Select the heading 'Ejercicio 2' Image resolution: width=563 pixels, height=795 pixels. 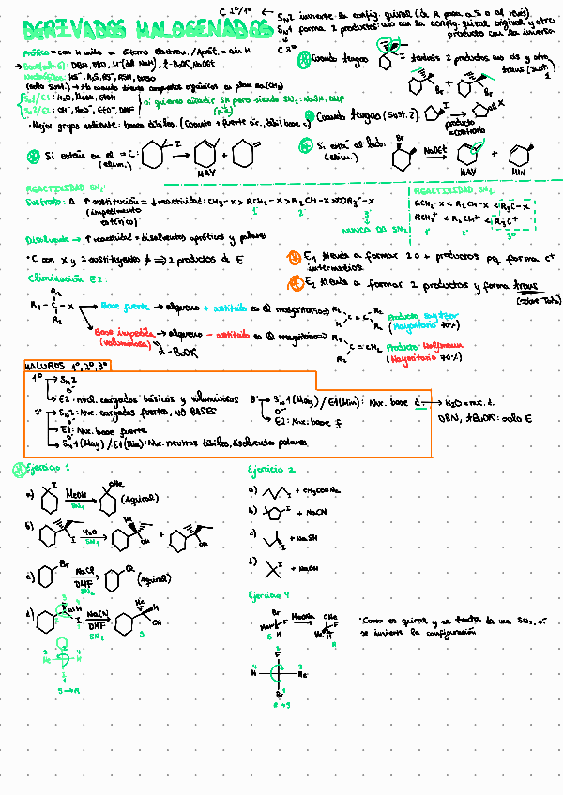click(x=272, y=469)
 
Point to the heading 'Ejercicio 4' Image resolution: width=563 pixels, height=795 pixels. click(x=270, y=594)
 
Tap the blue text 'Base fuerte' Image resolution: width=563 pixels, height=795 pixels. click(x=123, y=306)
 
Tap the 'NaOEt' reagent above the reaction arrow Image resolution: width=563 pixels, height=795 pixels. click(x=434, y=150)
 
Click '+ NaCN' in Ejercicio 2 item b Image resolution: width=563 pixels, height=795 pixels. click(x=315, y=512)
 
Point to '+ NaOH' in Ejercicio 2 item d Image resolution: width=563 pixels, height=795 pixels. click(x=307, y=569)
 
